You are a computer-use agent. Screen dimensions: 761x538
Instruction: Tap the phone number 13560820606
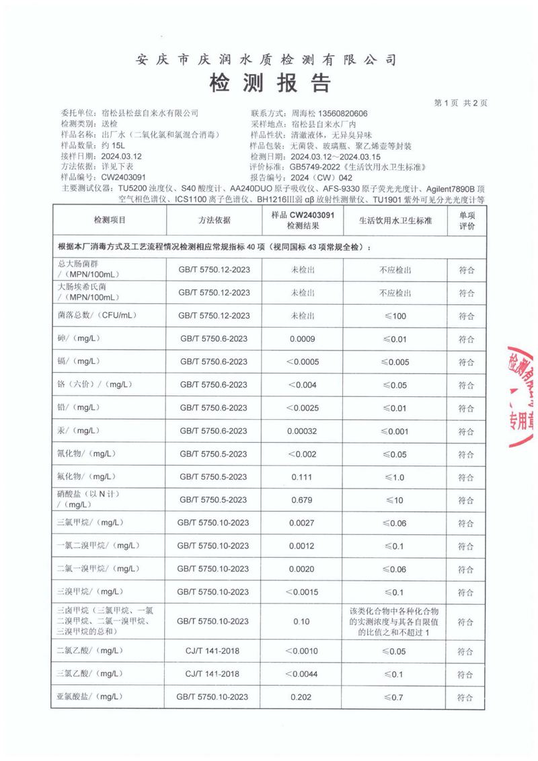pyautogui.click(x=342, y=113)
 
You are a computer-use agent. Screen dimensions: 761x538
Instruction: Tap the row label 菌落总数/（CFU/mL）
pyautogui.click(x=98, y=316)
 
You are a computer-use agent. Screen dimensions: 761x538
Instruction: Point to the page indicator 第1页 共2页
pyautogui.click(x=461, y=103)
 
